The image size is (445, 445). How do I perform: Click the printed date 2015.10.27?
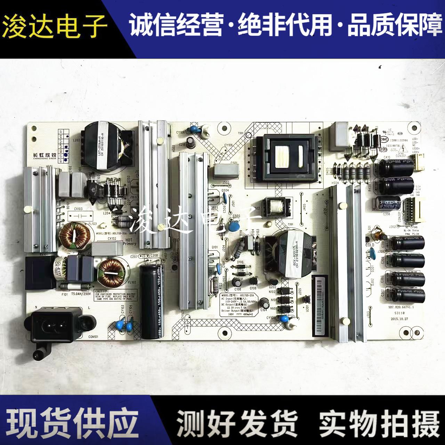[x=399, y=318]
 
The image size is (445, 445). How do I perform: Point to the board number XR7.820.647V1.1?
[x=401, y=307]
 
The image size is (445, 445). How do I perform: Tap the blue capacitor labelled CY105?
[x=285, y=318]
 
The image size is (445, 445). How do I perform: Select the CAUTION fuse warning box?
[x=115, y=295]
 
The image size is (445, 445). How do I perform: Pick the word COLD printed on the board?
[x=370, y=245]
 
